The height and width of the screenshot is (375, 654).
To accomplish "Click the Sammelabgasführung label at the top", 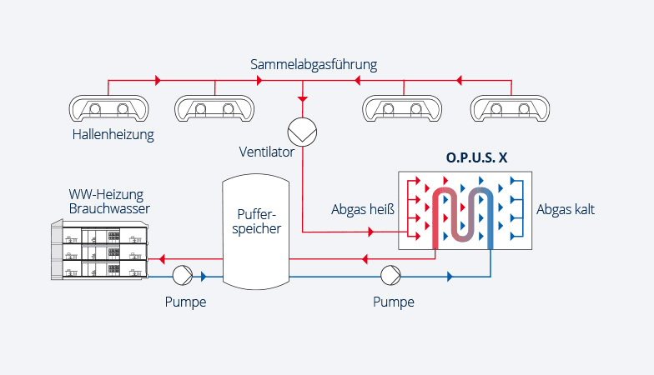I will click(x=314, y=64).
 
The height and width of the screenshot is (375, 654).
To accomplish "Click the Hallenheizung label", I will click(x=113, y=134).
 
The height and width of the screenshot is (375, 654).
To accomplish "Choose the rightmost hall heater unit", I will click(x=511, y=108).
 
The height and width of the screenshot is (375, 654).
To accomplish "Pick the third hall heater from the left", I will click(x=405, y=108).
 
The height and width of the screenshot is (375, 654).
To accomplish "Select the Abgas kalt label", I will click(x=566, y=210).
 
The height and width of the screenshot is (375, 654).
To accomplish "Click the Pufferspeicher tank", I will click(x=254, y=229).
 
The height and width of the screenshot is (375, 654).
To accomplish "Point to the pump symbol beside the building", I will click(x=182, y=276).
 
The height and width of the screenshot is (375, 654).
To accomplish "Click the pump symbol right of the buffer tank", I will click(x=390, y=276).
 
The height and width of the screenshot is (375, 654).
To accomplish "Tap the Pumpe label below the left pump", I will click(x=185, y=302).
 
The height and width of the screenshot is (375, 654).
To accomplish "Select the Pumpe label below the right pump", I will click(x=393, y=302).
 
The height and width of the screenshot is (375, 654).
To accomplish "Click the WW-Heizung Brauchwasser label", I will click(x=109, y=202).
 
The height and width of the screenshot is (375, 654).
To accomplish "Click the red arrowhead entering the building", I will click(x=161, y=258).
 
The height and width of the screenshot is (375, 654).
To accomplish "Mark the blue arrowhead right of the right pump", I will click(x=451, y=276).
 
